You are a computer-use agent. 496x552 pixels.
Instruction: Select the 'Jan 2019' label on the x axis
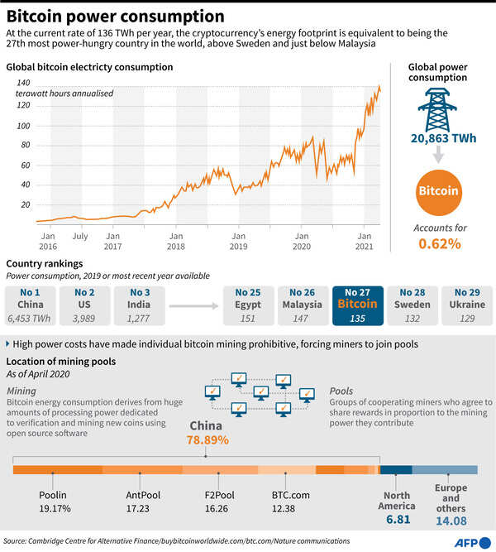(238, 241)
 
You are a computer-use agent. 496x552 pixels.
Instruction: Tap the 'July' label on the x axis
(80, 236)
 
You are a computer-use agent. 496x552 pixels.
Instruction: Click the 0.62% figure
(440, 243)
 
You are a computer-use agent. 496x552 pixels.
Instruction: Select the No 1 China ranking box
(30, 305)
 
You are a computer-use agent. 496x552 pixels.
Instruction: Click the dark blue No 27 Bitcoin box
(357, 305)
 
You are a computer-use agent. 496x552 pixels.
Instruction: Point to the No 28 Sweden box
(412, 305)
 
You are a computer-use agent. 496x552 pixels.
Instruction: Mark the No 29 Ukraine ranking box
(466, 305)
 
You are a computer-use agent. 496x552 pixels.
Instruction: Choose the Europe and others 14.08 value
(451, 521)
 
